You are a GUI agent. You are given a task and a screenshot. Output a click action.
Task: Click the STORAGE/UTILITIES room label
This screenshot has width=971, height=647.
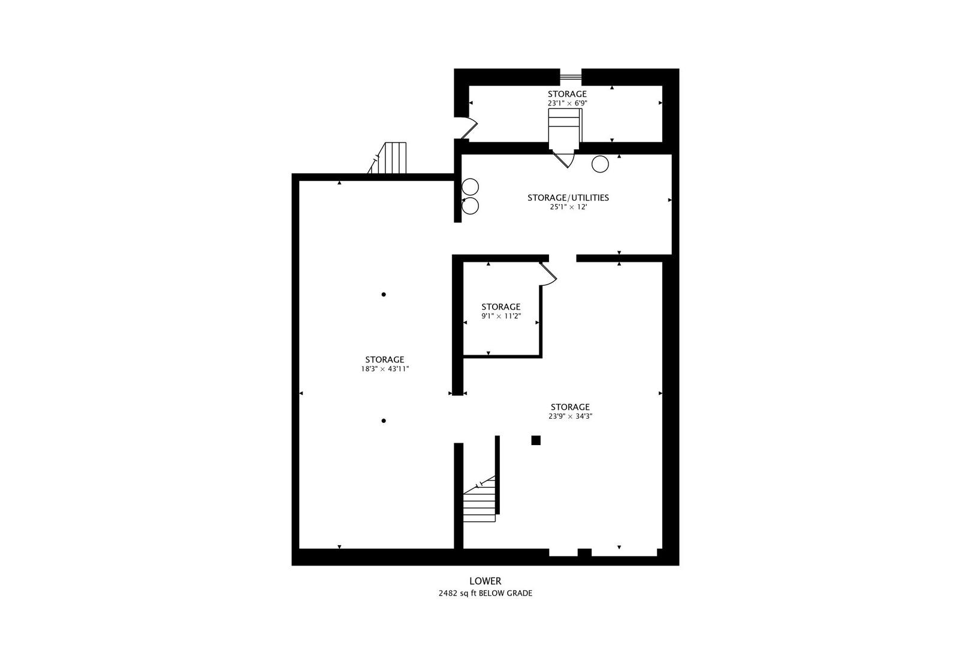pos(568,198)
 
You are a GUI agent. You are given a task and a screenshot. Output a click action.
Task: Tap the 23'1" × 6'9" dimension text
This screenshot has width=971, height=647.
pos(567,103)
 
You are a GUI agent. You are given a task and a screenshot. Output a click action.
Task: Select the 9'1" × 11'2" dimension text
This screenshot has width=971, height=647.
pos(500,316)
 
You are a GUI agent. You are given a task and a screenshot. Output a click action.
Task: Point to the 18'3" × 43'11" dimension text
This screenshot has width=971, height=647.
pos(384,369)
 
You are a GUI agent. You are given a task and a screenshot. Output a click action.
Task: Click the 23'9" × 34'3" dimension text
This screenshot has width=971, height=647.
pos(570,416)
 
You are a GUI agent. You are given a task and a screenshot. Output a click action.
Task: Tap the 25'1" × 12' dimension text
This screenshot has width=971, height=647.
pos(568,207)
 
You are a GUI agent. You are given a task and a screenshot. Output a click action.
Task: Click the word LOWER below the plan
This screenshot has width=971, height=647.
pos(485,581)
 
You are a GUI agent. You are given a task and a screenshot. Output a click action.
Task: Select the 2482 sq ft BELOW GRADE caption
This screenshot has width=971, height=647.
pos(485,594)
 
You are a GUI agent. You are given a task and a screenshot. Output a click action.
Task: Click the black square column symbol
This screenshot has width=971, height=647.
pos(536,440)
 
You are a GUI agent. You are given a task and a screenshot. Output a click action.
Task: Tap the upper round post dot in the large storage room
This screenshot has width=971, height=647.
pos(384,294)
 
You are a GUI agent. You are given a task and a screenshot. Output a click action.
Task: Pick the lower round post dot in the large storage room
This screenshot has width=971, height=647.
pos(384,421)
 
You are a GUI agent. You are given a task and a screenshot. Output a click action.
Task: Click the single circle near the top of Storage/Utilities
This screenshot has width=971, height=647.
pos(600,164)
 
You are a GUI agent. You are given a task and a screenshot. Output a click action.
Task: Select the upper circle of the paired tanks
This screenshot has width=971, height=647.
pos(471,187)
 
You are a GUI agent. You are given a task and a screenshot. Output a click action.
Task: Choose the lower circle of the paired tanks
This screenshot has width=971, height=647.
pos(471,206)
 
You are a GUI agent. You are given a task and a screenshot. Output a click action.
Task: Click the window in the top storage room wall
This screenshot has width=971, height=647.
pos(571,76)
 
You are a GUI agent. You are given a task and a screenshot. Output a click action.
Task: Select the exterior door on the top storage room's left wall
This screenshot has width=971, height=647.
pos(467,128)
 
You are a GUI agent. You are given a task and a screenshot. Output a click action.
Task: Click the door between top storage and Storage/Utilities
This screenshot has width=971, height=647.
pos(563,158)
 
